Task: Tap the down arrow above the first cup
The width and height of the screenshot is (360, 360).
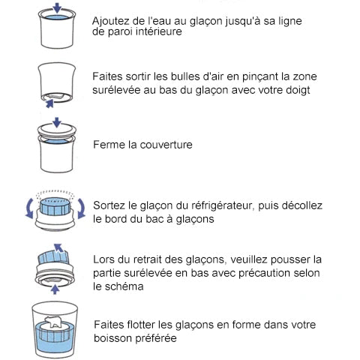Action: click(57, 8)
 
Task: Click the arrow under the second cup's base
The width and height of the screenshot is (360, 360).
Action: click(50, 103)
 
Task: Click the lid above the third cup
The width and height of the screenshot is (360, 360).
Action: click(57, 130)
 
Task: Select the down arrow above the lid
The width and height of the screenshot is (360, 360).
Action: click(57, 122)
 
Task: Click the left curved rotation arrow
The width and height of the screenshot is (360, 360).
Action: click(29, 208)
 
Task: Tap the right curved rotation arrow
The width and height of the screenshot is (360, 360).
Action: click(82, 208)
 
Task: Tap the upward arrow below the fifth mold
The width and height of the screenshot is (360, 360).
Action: click(55, 289)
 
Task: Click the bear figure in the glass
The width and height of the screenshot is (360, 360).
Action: click(55, 321)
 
